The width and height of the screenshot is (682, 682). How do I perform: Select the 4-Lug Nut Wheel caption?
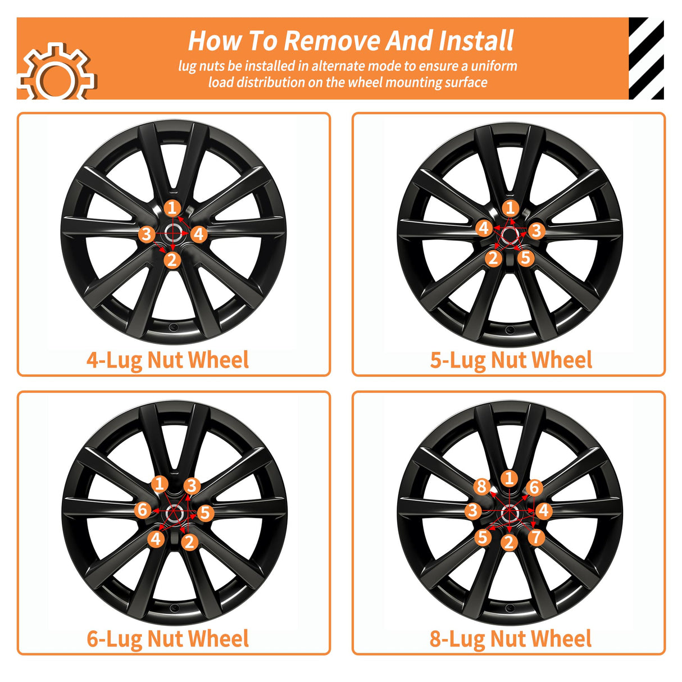(168, 361)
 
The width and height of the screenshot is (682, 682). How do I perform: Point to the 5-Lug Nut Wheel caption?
(511, 361)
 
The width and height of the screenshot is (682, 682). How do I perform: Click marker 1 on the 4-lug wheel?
(172, 208)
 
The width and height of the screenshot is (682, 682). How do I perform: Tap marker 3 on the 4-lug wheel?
(147, 234)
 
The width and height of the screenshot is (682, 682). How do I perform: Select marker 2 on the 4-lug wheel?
(172, 260)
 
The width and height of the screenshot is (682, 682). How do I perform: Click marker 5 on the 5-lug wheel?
(526, 257)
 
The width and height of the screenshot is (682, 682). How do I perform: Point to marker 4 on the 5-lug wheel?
(484, 228)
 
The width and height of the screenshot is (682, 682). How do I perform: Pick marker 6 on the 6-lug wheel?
(143, 510)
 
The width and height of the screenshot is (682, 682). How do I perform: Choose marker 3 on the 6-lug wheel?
(192, 485)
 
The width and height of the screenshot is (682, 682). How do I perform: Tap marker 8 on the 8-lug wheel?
(482, 487)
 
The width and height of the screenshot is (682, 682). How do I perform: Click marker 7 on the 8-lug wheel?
(536, 537)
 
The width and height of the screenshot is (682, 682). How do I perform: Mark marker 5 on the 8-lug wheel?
(483, 537)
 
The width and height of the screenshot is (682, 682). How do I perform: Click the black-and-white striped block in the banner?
(646, 58)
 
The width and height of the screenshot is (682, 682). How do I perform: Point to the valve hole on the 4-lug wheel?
(174, 326)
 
